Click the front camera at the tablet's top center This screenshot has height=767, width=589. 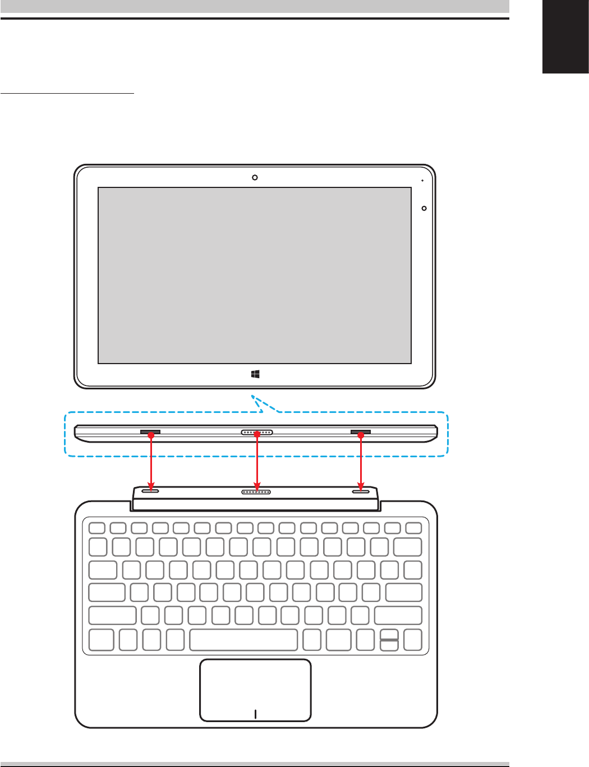[x=255, y=177]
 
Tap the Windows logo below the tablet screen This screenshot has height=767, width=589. [x=255, y=374]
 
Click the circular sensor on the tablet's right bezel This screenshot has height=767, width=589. [x=424, y=208]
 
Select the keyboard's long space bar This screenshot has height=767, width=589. [x=243, y=640]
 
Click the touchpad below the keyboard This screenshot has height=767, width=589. [x=255, y=689]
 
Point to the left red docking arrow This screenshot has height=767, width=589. [x=150, y=460]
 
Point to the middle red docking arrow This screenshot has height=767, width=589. [x=256, y=460]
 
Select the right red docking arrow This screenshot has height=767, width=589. [x=361, y=460]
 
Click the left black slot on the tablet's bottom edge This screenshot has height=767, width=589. [x=150, y=432]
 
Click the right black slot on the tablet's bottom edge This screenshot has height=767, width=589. [x=361, y=432]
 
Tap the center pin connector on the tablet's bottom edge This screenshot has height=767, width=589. [x=256, y=433]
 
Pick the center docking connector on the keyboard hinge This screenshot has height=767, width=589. [x=256, y=492]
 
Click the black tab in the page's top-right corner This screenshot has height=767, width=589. [x=565, y=36]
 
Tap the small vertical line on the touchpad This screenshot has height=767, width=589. [x=255, y=714]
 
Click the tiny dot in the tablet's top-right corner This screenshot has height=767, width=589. [x=422, y=181]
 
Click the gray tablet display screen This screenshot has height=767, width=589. [x=255, y=275]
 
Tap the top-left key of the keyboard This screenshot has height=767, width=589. [x=96, y=527]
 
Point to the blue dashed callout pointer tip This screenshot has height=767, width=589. [x=252, y=397]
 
